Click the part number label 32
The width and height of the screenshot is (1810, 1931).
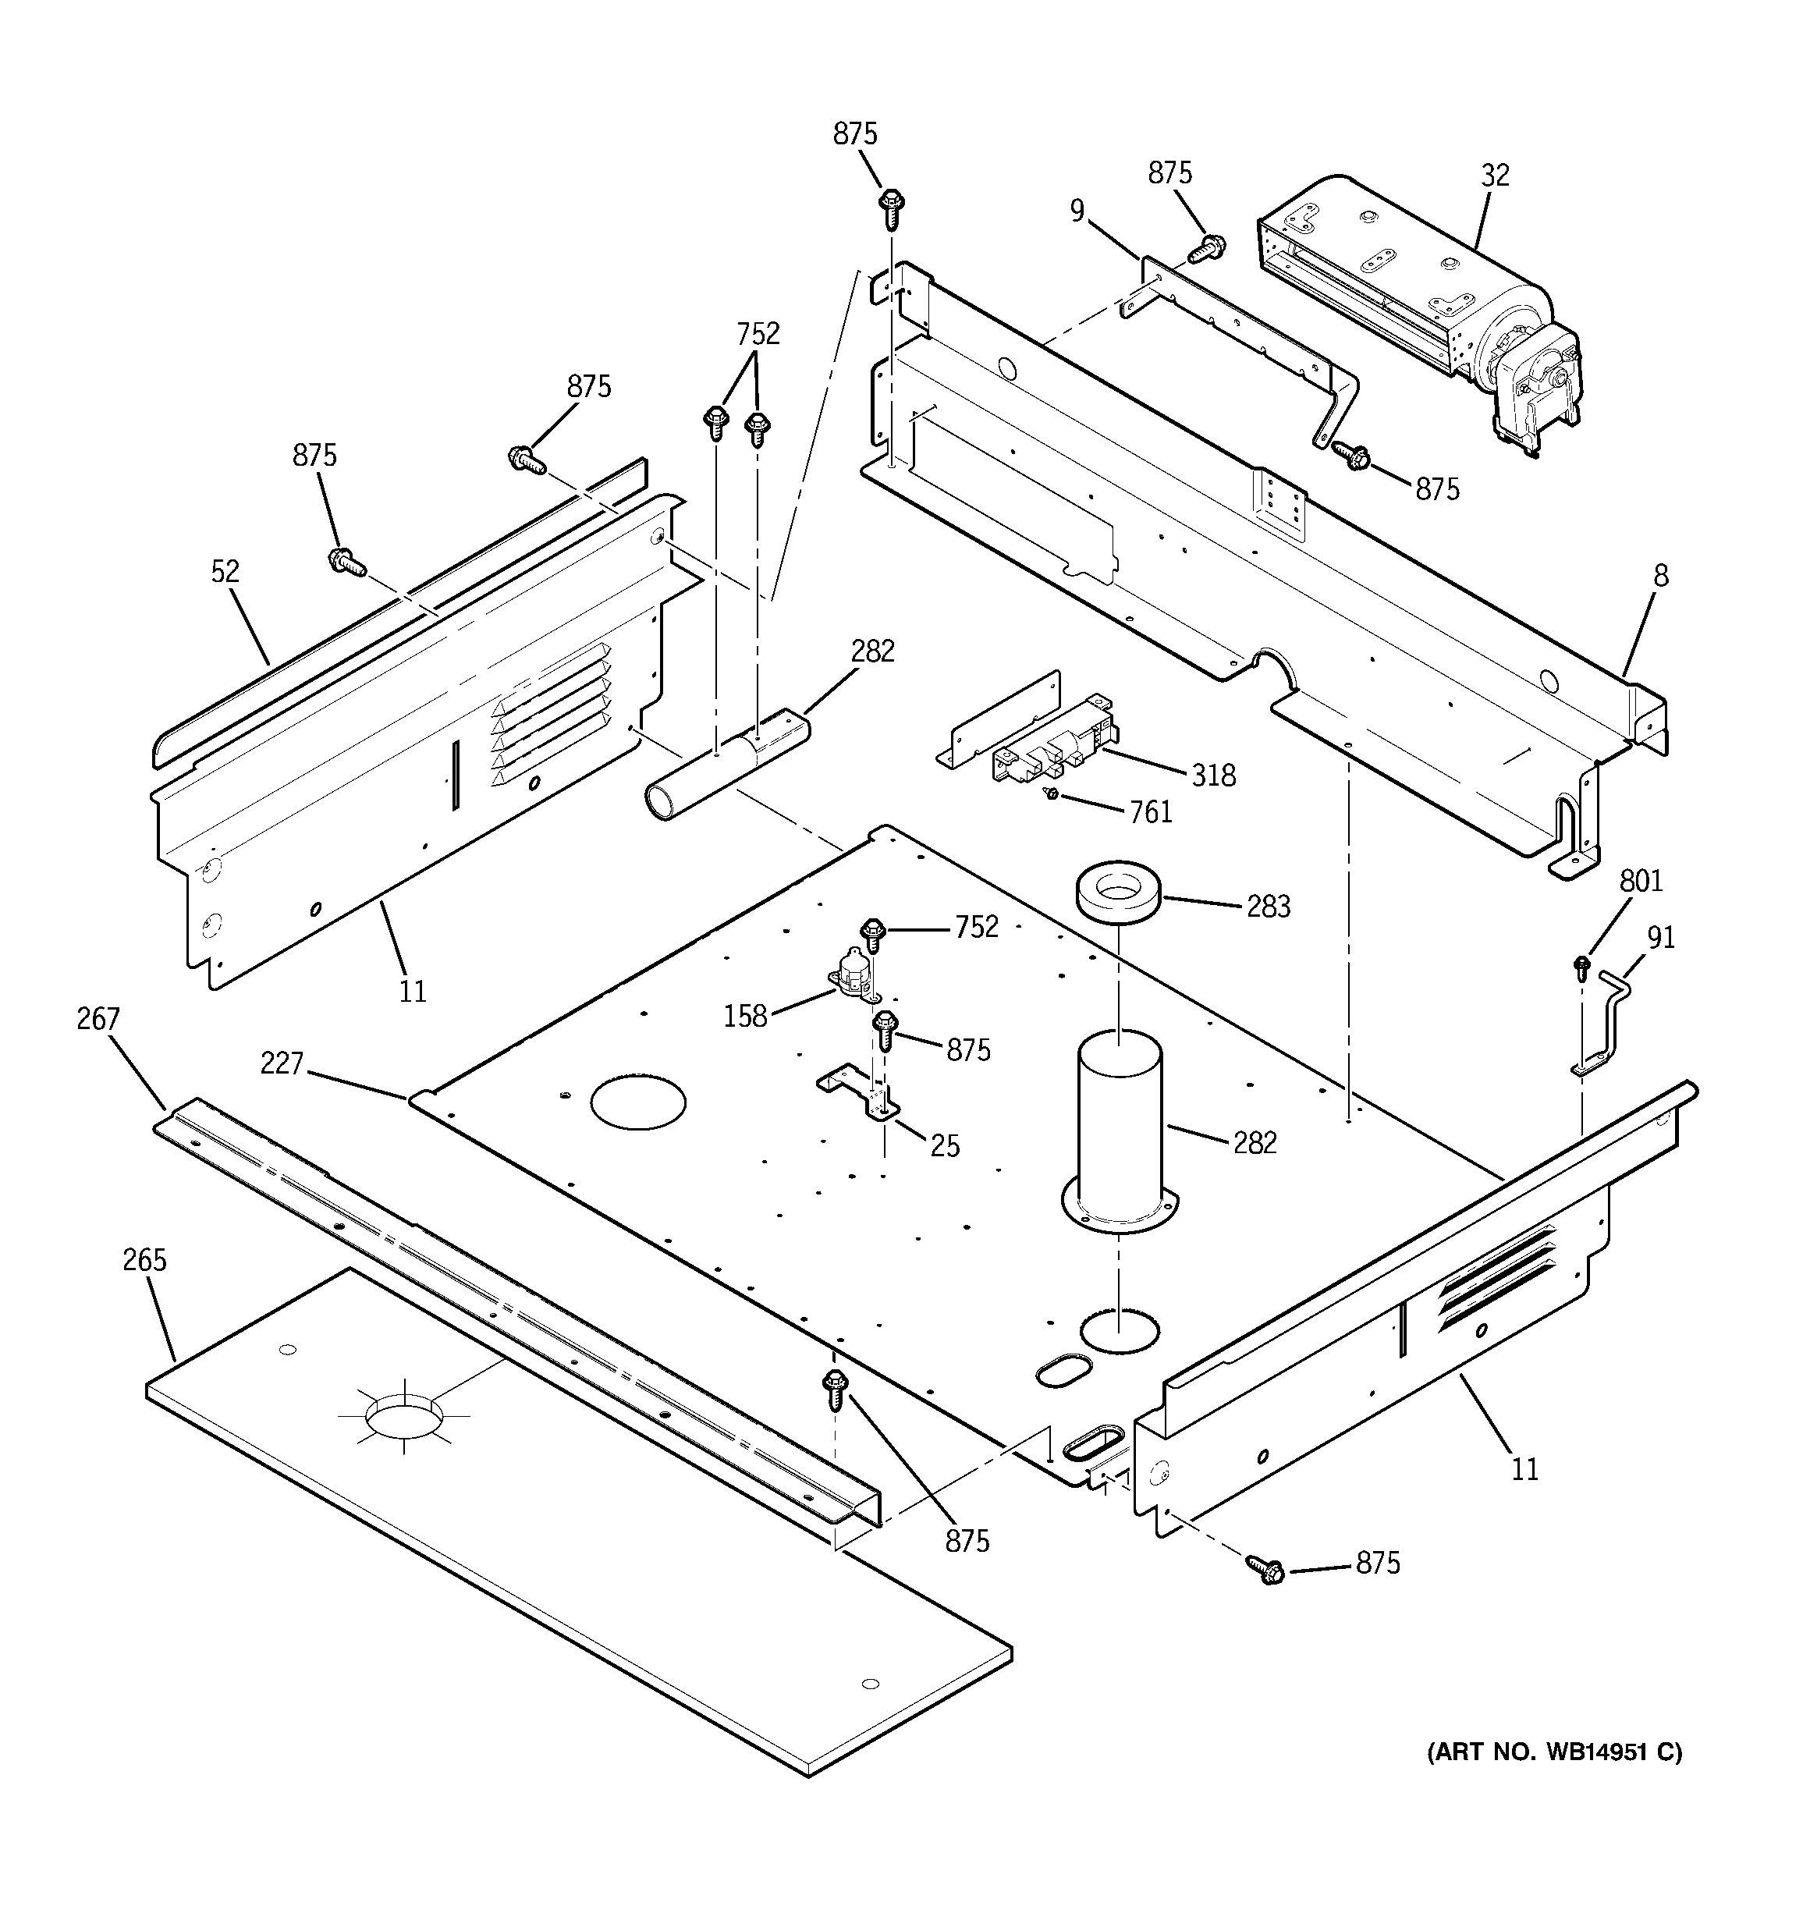coord(1496,176)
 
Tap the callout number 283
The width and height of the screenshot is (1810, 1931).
coord(1268,907)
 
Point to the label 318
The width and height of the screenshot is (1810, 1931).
coord(1213,776)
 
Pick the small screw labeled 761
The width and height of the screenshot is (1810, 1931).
coord(1050,794)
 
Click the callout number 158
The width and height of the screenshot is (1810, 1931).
coord(745,1017)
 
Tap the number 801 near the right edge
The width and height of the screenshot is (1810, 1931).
coord(1641,882)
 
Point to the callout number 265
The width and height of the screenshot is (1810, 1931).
coord(145,1261)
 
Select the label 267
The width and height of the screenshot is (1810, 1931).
coord(98,1019)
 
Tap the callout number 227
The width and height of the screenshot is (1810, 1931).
coord(282,1064)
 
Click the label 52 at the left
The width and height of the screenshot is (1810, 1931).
coord(225,572)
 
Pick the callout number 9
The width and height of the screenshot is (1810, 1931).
coord(1077,211)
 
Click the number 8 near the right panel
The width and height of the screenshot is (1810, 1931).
coord(1660,576)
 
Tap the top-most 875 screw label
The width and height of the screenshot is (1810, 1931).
coord(855,135)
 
